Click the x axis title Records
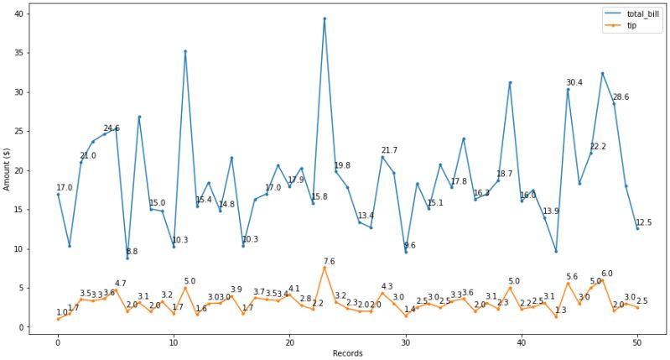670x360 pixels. coord(347,353)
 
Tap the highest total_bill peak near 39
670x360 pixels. coord(325,18)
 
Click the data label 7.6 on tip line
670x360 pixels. coord(330,262)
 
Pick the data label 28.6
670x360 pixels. coord(621,97)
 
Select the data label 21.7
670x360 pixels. coord(389,151)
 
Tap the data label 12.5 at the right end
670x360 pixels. coord(643,222)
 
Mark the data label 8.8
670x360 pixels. coord(132,252)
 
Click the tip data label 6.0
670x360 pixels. coord(607,274)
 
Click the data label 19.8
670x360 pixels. coord(342,166)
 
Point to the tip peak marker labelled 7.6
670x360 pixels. coord(325,268)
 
